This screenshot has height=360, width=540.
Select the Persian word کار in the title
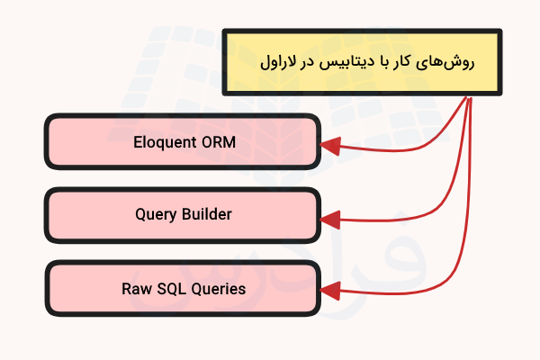click(x=409, y=64)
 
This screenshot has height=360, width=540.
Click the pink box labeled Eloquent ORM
click(x=183, y=141)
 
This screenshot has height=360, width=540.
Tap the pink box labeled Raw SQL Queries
click(x=183, y=289)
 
